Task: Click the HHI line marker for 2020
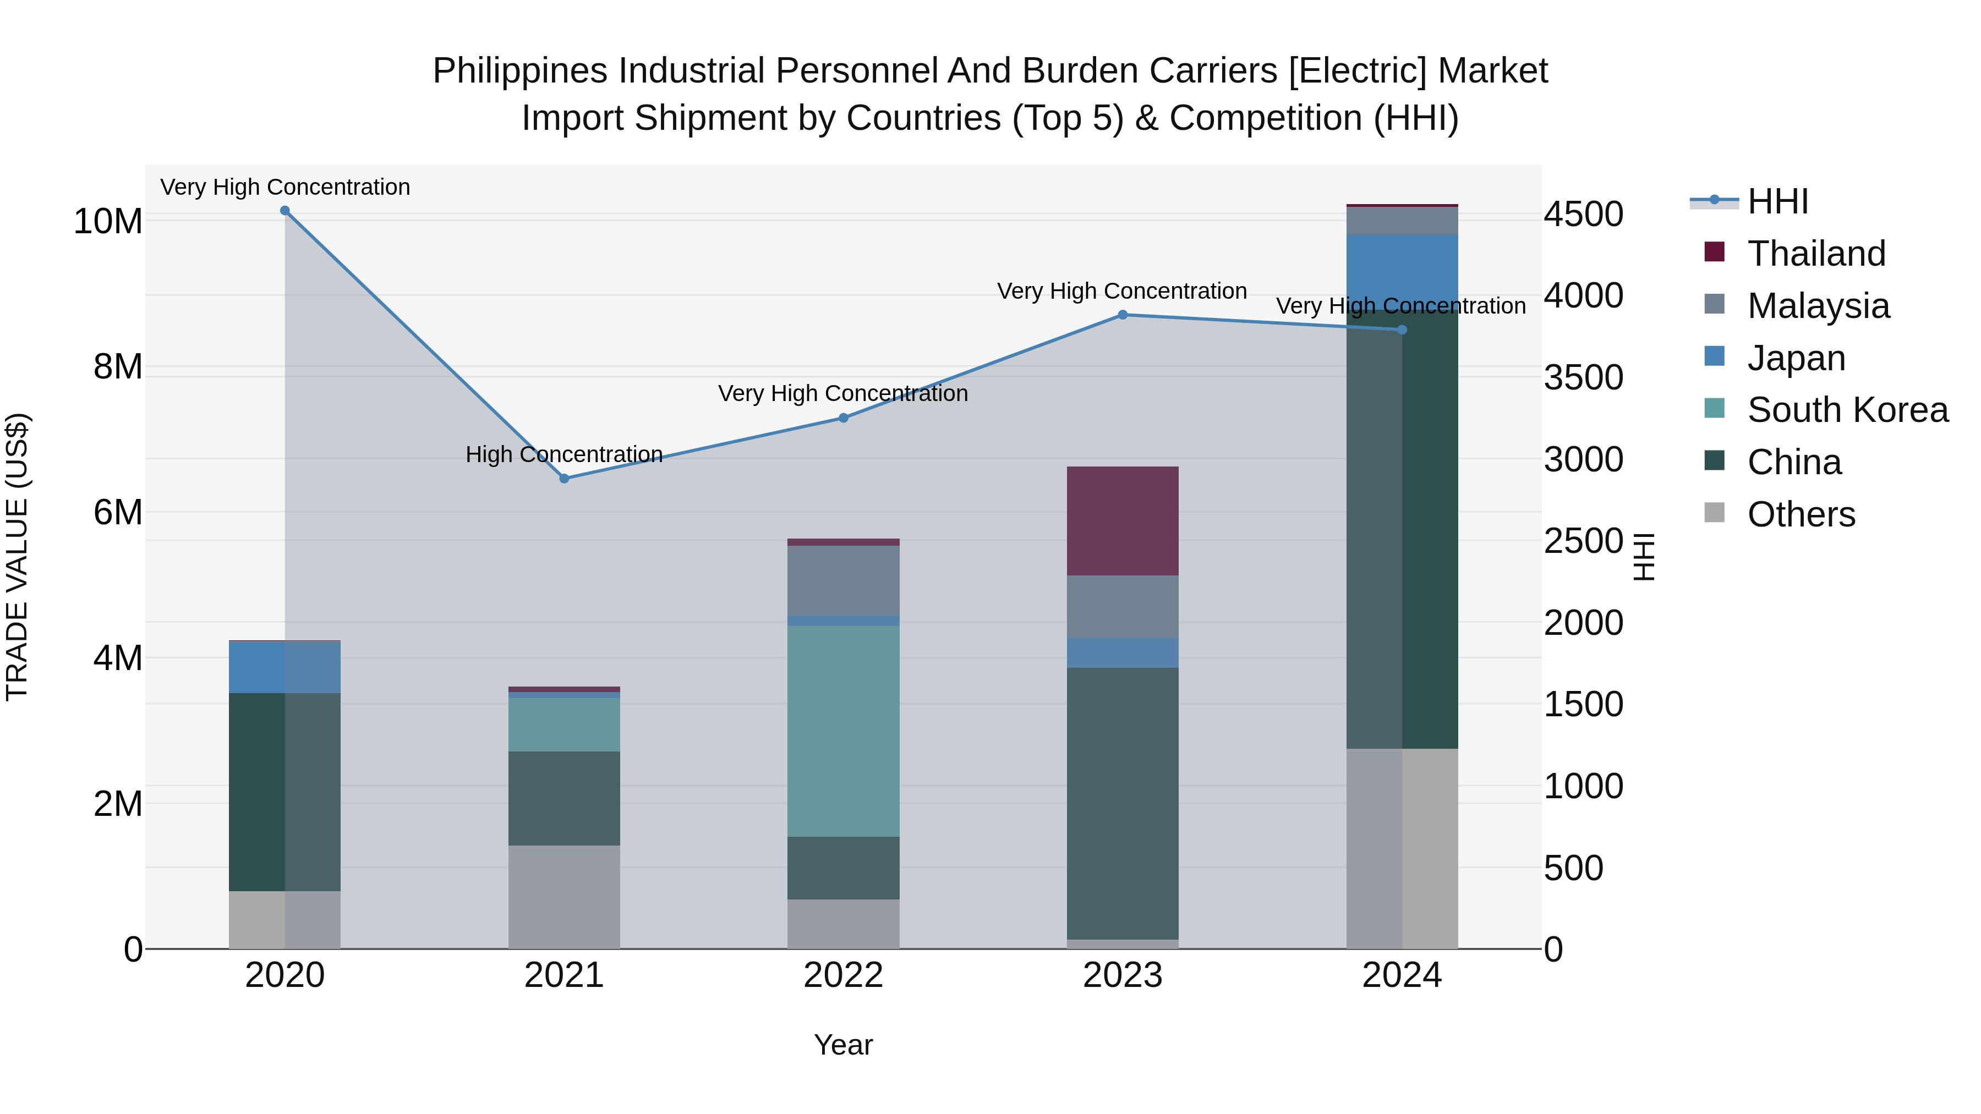(284, 211)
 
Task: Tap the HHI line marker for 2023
(1122, 315)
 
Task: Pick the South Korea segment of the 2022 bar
(843, 731)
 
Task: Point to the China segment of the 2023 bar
(1122, 803)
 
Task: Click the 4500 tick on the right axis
(1583, 215)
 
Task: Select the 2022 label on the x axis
(843, 975)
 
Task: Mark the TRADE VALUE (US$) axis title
(17, 557)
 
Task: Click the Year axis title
(843, 1045)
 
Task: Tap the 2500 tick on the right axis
(1583, 541)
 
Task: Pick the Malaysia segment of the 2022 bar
(843, 580)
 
